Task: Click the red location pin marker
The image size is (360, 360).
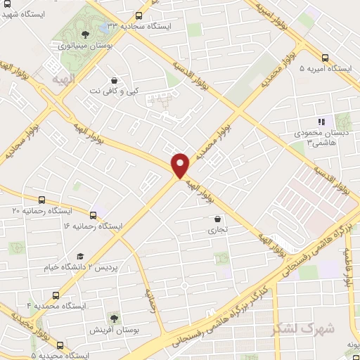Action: point(181,165)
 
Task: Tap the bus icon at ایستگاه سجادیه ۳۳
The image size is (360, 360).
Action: point(139,15)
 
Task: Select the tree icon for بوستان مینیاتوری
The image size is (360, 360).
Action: point(85,33)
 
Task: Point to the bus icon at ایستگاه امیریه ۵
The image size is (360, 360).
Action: point(325,58)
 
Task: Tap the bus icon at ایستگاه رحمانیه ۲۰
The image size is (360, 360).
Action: point(42,200)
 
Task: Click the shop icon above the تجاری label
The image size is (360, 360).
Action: point(213,219)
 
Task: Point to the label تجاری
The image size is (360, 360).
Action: point(212,230)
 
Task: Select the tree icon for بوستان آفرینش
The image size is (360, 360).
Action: point(113,318)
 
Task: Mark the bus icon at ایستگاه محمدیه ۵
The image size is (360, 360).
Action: point(60,345)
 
